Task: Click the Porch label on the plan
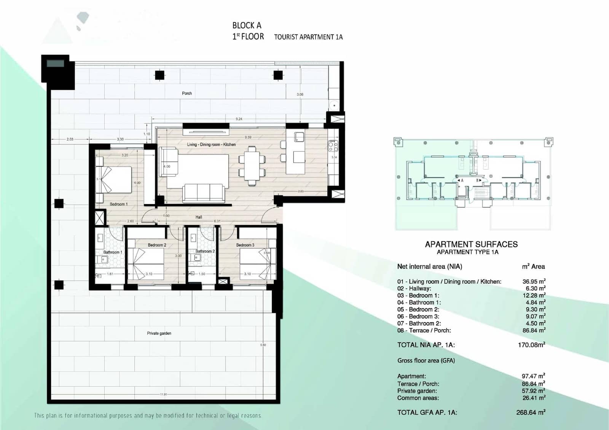[187, 93]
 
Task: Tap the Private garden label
[159, 333]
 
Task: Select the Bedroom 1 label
[119, 204]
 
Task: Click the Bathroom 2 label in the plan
[205, 252]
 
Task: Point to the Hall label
[199, 217]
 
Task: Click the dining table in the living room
[252, 166]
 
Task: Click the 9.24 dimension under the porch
[239, 119]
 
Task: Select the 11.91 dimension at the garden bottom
[164, 395]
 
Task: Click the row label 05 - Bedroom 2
[418, 309]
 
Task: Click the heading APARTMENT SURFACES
[471, 244]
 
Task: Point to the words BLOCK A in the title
[247, 25]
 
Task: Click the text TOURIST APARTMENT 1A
[308, 37]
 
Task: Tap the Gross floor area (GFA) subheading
[426, 360]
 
